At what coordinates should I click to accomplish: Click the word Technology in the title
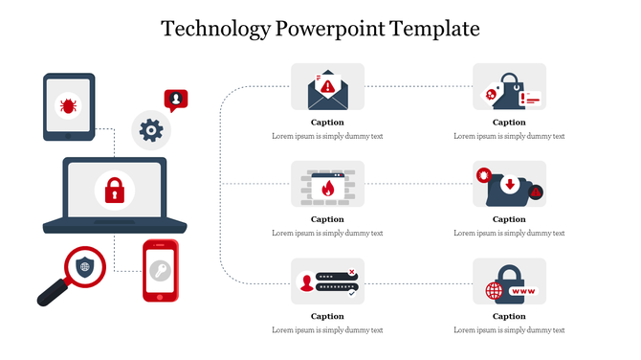[215, 29]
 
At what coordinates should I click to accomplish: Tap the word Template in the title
[435, 29]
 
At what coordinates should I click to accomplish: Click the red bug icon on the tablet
[69, 104]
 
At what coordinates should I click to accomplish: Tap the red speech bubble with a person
[176, 99]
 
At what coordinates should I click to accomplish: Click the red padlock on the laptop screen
[114, 190]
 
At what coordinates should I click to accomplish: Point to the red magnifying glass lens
[84, 267]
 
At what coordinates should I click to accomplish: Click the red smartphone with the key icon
[161, 271]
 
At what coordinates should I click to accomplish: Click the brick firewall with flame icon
[327, 186]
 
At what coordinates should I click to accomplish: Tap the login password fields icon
[327, 281]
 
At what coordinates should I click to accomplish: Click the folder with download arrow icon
[509, 186]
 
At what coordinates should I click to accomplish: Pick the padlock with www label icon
[509, 281]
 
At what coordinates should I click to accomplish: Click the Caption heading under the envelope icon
[327, 123]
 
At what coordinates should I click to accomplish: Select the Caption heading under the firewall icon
[327, 219]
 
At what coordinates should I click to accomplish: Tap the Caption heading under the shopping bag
[509, 123]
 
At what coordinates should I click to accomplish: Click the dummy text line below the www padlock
[509, 329]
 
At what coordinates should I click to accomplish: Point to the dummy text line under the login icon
[327, 329]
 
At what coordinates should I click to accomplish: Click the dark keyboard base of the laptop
[104, 226]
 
